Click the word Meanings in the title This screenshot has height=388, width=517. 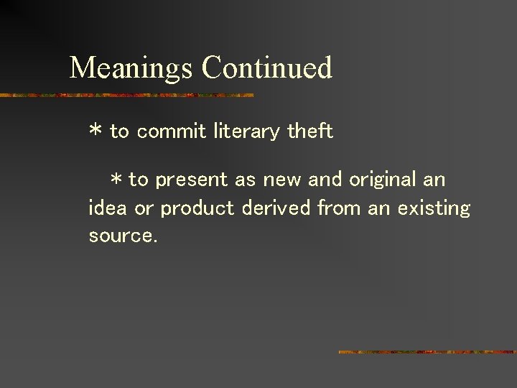131,69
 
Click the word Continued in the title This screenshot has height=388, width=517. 267,68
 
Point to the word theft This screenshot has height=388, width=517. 309,131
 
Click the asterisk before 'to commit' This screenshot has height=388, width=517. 96,132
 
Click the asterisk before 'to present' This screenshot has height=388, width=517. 116,180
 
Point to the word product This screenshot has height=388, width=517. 197,209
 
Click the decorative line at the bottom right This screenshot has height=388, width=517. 427,352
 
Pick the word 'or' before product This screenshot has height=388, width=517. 144,209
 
